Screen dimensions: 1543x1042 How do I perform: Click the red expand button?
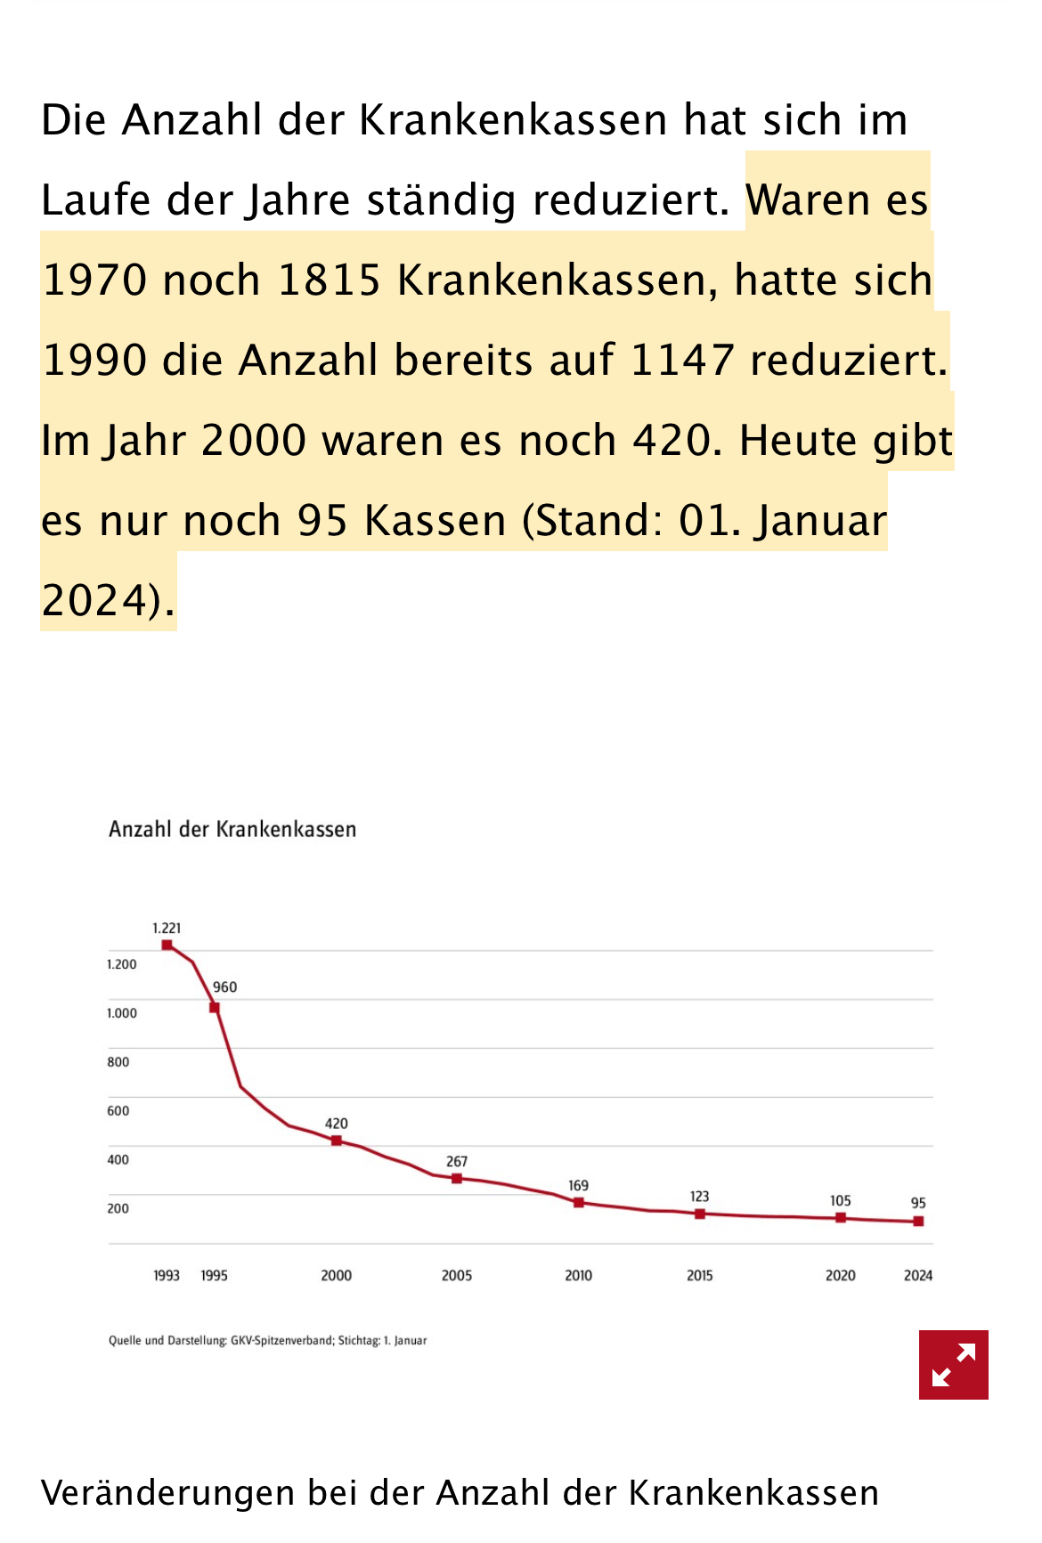click(x=953, y=1364)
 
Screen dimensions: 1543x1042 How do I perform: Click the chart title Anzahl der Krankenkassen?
click(x=232, y=829)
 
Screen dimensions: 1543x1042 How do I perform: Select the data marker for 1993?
click(x=167, y=945)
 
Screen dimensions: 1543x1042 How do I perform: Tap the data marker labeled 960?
click(x=215, y=1007)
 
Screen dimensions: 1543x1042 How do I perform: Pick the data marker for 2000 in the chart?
click(x=337, y=1141)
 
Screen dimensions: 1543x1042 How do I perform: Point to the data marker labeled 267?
click(x=457, y=1178)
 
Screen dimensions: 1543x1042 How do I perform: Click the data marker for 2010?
click(x=578, y=1202)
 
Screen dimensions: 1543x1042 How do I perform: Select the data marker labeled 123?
click(x=700, y=1214)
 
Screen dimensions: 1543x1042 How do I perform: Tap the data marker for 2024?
click(x=918, y=1221)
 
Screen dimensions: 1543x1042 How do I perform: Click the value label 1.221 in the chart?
click(x=167, y=928)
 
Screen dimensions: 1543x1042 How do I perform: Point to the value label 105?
click(x=840, y=1200)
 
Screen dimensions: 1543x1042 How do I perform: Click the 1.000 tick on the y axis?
click(x=122, y=1013)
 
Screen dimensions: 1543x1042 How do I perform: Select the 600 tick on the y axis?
click(x=118, y=1110)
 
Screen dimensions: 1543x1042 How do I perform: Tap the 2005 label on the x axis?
click(x=457, y=1275)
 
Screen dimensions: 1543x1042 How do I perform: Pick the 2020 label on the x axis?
click(x=840, y=1275)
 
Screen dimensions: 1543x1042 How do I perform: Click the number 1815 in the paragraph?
click(x=330, y=280)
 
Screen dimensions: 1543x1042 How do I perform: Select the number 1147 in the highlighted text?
click(x=681, y=361)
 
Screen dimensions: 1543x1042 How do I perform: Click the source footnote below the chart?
click(x=267, y=1340)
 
